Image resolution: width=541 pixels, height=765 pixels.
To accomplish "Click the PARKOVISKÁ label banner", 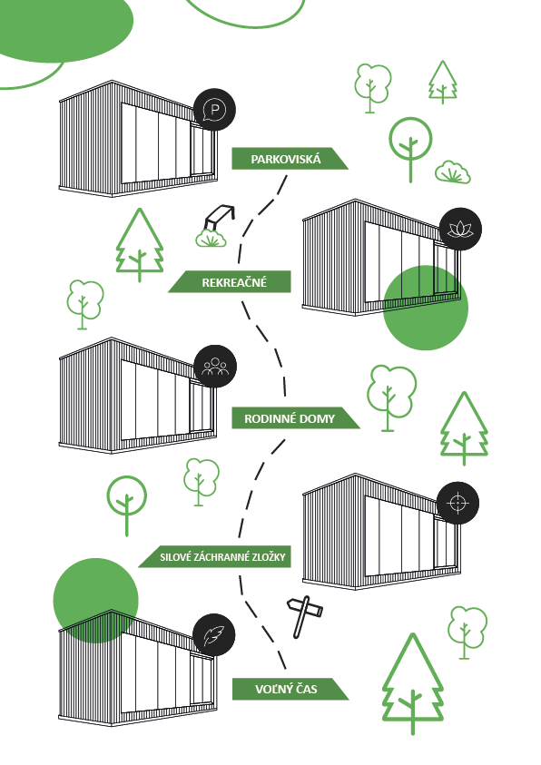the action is [290, 159].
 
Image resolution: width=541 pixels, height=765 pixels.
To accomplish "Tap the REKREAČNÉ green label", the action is [230, 282].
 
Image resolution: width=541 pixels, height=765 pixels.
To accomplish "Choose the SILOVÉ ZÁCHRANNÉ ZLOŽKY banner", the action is [215, 556].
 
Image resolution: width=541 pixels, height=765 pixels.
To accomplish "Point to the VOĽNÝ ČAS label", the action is [290, 689].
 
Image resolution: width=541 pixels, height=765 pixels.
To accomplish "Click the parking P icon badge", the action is [214, 110].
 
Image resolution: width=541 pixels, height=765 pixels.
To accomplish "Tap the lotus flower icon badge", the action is [460, 229].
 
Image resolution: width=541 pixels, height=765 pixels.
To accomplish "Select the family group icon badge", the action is [215, 367].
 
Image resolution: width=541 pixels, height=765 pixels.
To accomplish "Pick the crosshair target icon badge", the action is [457, 503].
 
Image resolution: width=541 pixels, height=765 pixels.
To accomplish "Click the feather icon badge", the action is [213, 635].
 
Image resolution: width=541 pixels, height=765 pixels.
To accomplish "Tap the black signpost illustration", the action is [304, 615].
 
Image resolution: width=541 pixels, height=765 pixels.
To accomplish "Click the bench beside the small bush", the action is [220, 217].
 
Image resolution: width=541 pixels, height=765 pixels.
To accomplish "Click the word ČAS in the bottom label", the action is [306, 689].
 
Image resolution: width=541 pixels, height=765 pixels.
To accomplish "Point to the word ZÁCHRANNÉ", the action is [220, 556].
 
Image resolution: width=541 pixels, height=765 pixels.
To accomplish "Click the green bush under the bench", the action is [211, 239].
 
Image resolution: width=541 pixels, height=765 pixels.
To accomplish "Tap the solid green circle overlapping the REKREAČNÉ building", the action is [426, 308].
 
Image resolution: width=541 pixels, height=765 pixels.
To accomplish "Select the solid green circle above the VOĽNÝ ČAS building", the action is [95, 601].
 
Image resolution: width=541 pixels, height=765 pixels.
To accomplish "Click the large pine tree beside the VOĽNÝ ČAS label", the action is [413, 683].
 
